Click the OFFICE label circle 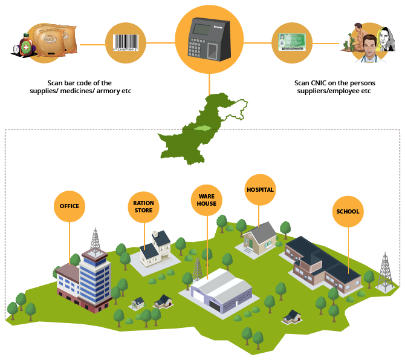click(70, 206)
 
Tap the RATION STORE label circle click(144, 206)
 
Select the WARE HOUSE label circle click(206, 200)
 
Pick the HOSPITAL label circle click(260, 190)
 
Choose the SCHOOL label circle click(348, 212)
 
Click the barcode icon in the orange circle click(126, 44)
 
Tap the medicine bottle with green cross click(26, 44)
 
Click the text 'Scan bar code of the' click(80, 83)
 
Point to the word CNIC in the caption click(318, 83)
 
